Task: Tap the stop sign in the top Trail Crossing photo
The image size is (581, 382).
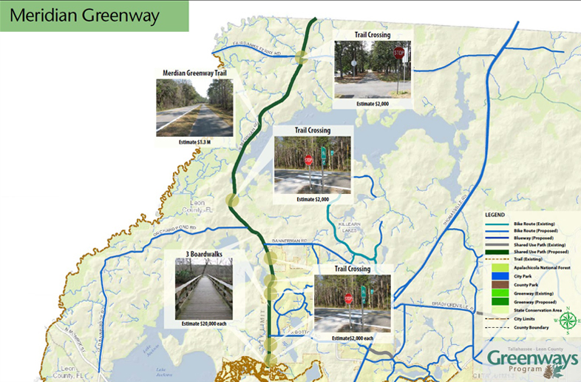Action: (398, 53)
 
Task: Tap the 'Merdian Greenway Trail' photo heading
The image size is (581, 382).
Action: (194, 73)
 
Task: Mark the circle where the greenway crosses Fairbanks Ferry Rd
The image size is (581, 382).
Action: (302, 58)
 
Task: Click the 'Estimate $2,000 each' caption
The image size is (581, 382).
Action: (353, 338)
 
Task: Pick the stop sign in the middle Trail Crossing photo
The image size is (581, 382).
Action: (308, 160)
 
